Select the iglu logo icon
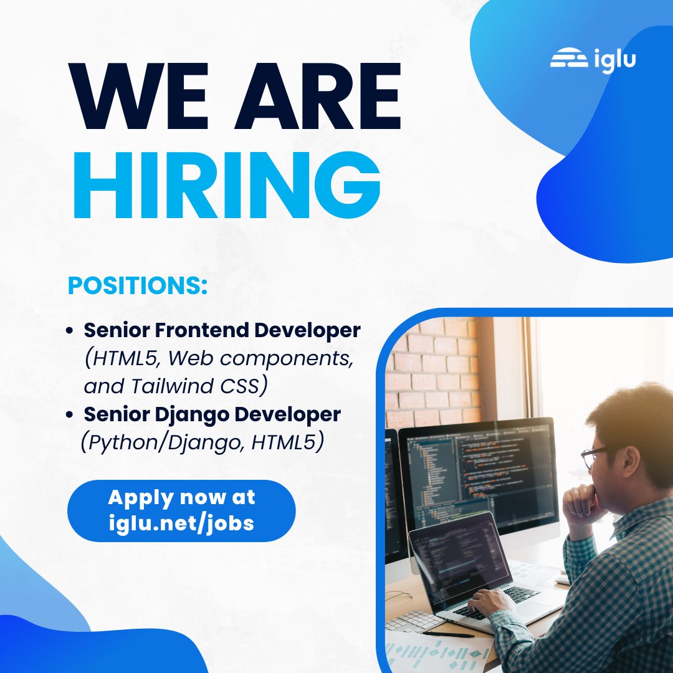[x=569, y=60]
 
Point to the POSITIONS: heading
[x=137, y=285]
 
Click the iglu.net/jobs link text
[x=181, y=523]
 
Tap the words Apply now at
[x=181, y=497]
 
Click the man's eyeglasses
[x=595, y=457]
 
